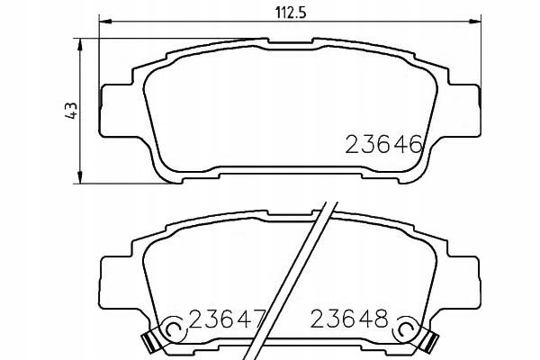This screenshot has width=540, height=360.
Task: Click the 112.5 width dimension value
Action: (x=291, y=13)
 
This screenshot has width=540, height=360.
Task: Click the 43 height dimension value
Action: (x=71, y=110)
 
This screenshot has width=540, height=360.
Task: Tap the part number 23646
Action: (x=383, y=144)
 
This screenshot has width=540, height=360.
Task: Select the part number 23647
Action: (x=228, y=319)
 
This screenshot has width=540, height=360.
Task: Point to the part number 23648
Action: (x=349, y=319)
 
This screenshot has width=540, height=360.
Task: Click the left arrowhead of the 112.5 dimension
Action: (x=105, y=22)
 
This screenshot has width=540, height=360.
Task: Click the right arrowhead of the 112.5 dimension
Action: (x=475, y=22)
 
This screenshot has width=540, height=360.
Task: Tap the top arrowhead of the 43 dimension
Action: (x=80, y=45)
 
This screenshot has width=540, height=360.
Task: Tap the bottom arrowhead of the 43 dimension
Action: (x=80, y=177)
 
